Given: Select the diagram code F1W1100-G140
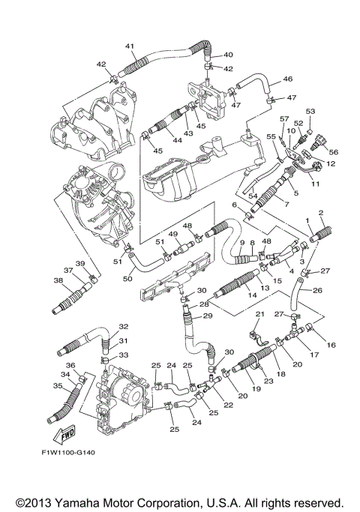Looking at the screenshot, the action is coord(68,453).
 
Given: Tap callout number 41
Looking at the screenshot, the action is coord(130,46).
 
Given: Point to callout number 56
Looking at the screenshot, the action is coord(334,152).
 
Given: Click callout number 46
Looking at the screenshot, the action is coord(288,79).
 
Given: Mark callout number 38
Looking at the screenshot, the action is coord(58,280).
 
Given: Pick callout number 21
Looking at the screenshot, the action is coord(259,314).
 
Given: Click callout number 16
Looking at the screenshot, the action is coord(331,345).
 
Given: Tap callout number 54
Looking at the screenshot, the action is coord(253,196).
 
